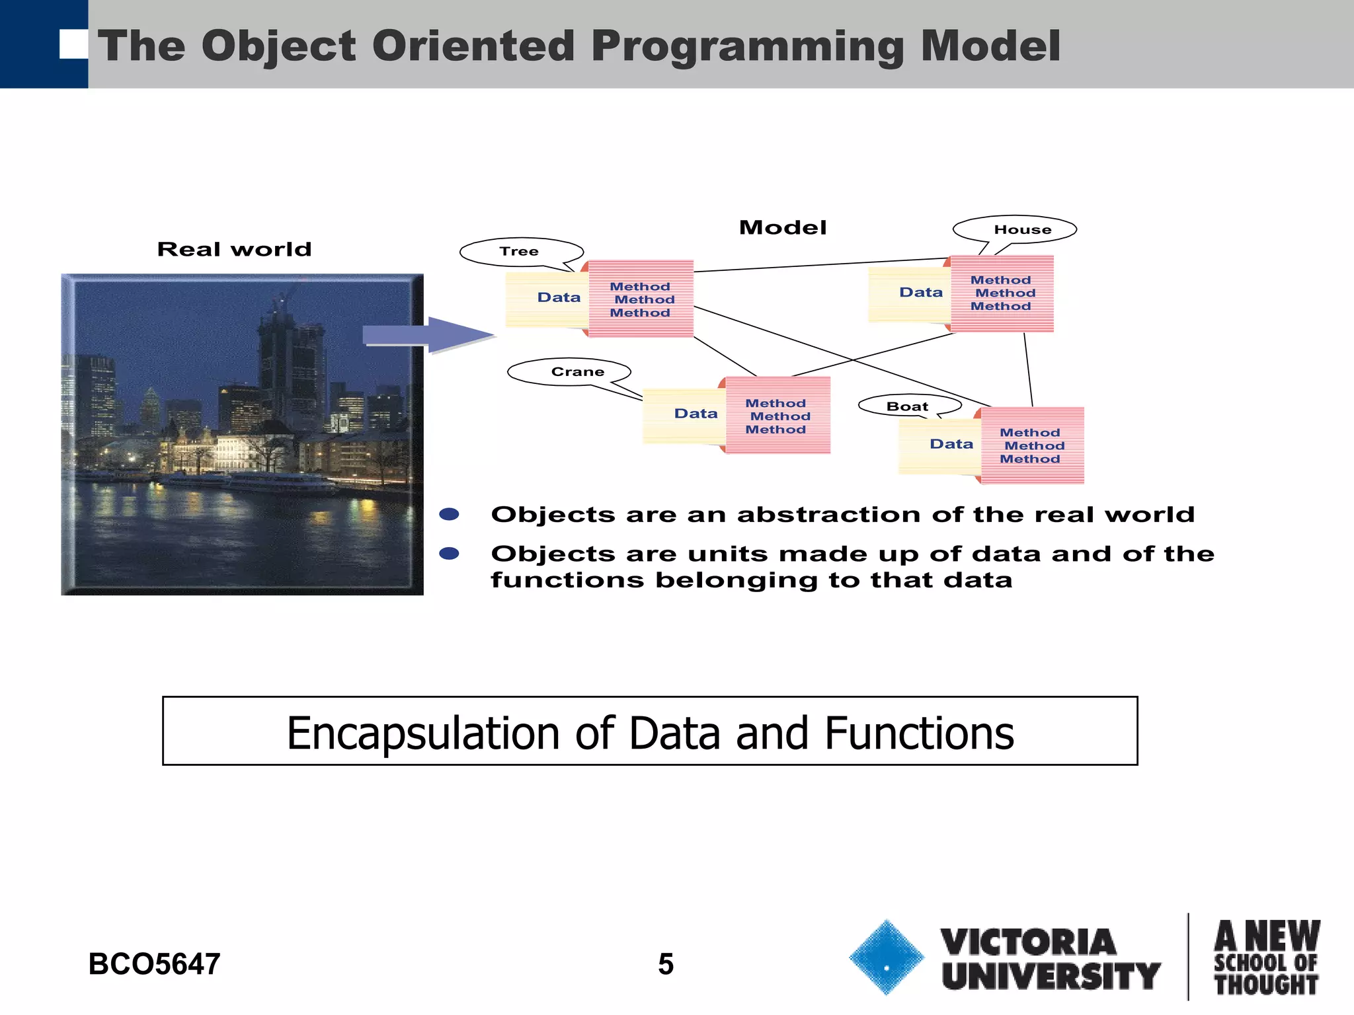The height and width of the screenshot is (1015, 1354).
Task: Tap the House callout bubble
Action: coord(1015,229)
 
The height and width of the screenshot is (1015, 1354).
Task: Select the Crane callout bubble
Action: coord(569,372)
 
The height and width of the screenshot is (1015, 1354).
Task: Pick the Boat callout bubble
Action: coord(909,406)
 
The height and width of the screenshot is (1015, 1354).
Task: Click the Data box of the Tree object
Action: coord(547,299)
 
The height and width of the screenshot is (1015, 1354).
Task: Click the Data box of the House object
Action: coord(910,293)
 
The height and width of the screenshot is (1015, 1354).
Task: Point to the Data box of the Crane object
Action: coord(685,414)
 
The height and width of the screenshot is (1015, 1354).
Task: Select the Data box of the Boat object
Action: coord(940,445)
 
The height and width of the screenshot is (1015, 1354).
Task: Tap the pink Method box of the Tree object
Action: coord(641,299)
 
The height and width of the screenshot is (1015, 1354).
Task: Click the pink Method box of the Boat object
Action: coord(1032,446)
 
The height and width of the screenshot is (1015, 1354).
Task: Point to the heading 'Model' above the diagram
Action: coord(783,228)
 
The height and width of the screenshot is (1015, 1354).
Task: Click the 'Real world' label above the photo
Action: coord(234,250)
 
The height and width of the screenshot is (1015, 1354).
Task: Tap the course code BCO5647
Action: coord(154,964)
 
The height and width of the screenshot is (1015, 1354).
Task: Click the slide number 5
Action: coord(665,964)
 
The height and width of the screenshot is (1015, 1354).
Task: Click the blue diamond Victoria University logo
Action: coord(886,958)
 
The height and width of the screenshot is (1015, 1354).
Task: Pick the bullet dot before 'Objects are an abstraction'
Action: coord(450,515)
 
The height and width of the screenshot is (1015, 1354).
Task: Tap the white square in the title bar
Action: coord(73,44)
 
